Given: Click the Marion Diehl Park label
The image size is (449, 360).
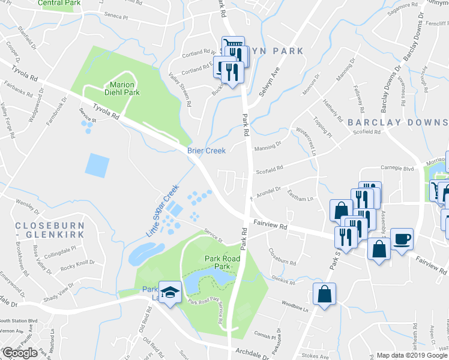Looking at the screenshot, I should [124, 88].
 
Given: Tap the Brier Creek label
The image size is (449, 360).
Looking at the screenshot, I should [206, 151].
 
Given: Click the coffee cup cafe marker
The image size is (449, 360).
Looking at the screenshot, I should [402, 239].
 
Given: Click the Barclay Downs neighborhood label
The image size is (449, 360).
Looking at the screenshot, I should [397, 122].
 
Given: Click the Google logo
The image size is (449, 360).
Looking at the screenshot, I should [20, 352].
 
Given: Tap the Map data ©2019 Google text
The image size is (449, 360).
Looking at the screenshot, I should [412, 355].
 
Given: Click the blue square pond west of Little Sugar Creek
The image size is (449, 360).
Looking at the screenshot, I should [97, 165].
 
